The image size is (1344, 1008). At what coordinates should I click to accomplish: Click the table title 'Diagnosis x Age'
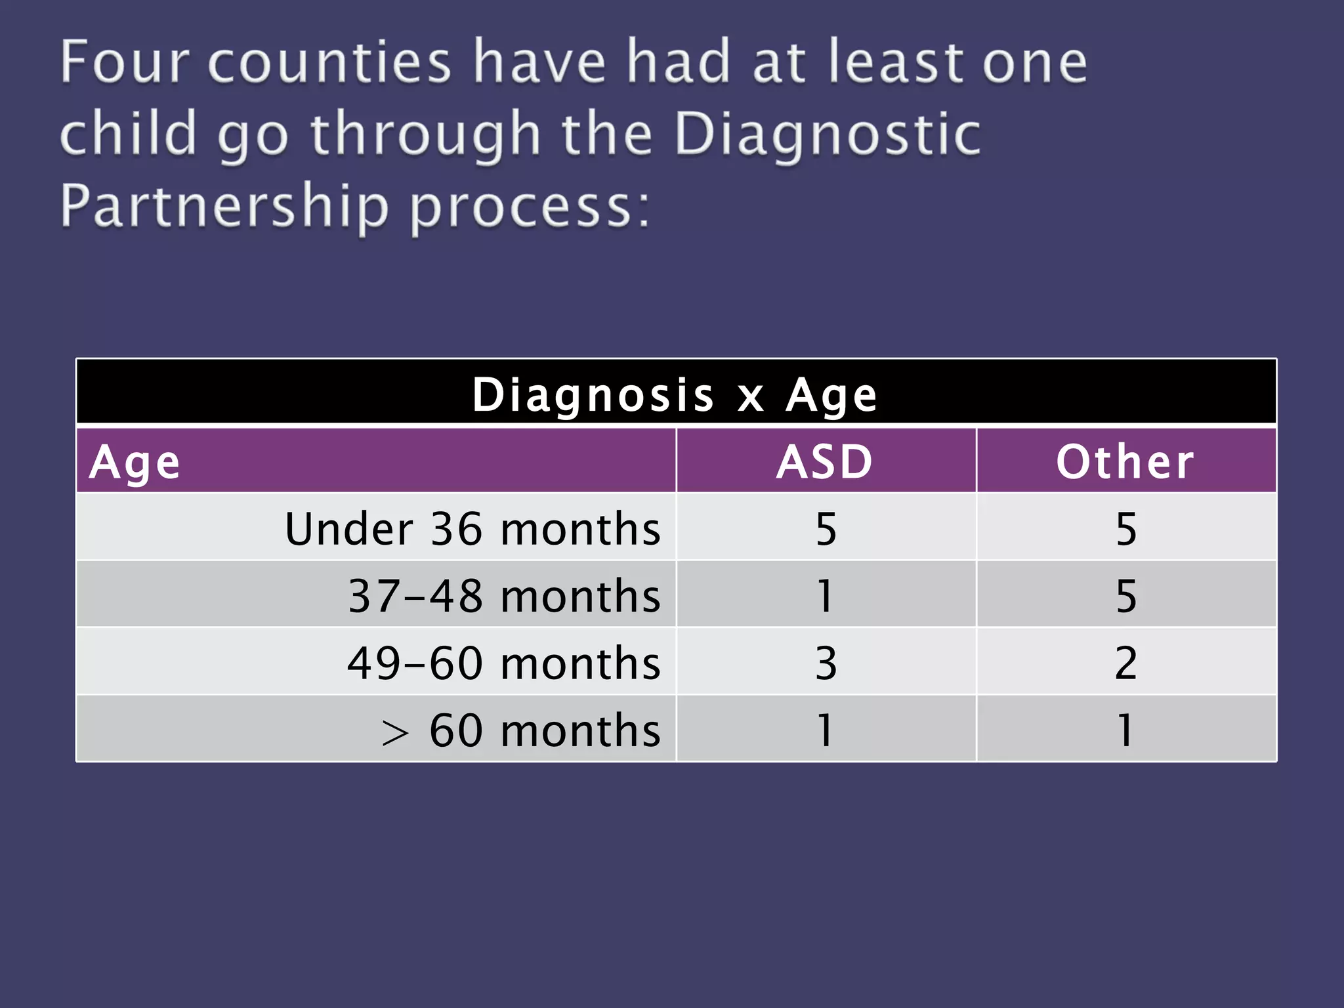point(675,395)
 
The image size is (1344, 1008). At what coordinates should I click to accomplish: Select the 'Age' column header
point(135,463)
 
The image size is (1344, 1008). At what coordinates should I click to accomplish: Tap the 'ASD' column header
point(825,462)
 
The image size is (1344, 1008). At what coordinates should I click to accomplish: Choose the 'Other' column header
point(1125,462)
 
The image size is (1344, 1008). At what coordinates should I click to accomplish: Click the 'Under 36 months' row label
point(472,529)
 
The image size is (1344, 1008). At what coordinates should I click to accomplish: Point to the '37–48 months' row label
point(504,597)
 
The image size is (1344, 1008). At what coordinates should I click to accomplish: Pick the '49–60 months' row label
point(504,663)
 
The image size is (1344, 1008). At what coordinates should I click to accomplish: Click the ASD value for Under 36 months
point(826,529)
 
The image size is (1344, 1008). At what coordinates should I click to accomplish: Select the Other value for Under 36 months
point(1126,529)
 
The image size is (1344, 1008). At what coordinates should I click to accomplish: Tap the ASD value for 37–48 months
point(826,597)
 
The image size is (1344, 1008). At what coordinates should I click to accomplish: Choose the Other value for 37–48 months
point(1126,597)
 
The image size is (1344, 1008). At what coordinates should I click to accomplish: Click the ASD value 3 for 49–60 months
point(826,663)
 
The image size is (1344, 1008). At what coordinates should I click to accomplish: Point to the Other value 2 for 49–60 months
point(1126,663)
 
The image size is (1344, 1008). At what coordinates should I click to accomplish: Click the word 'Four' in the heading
point(125,62)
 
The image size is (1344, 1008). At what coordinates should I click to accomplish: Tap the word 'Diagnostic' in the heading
point(828,134)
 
